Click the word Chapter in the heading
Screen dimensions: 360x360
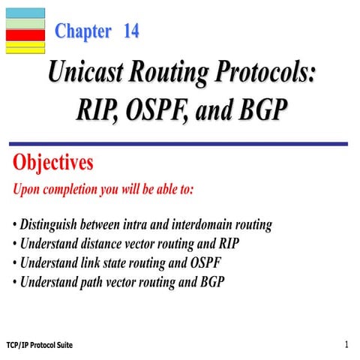pos(82,32)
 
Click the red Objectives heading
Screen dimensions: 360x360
pos(53,162)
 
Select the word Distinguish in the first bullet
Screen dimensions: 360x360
pos(52,224)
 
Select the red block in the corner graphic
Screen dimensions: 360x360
pos(25,34)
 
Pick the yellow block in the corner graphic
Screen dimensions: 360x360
pos(25,48)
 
